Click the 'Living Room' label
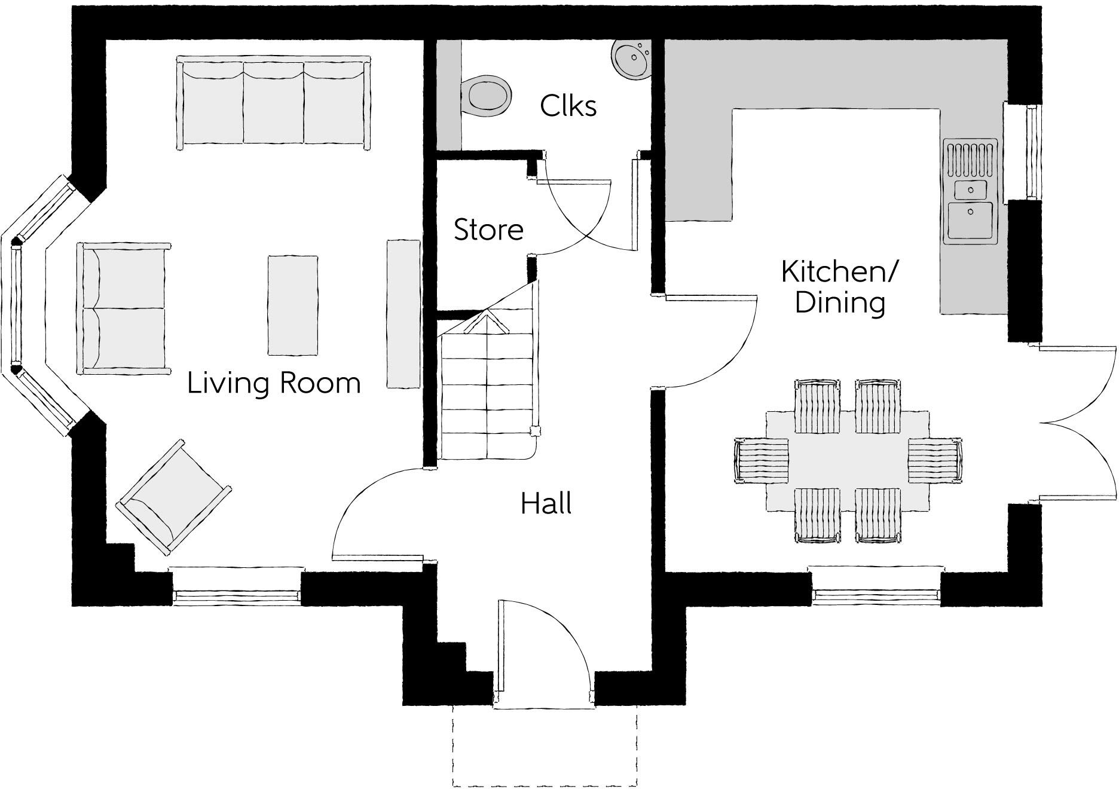point(274,383)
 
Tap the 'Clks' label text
point(568,106)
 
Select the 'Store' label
point(488,230)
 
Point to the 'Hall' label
point(546,503)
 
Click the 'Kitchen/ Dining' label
point(839,288)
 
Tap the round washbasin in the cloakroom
point(631,58)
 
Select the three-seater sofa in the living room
point(273,100)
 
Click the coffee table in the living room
point(293,305)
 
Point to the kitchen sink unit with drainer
point(970,191)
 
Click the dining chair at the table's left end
point(761,460)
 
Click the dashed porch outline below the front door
point(544,747)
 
